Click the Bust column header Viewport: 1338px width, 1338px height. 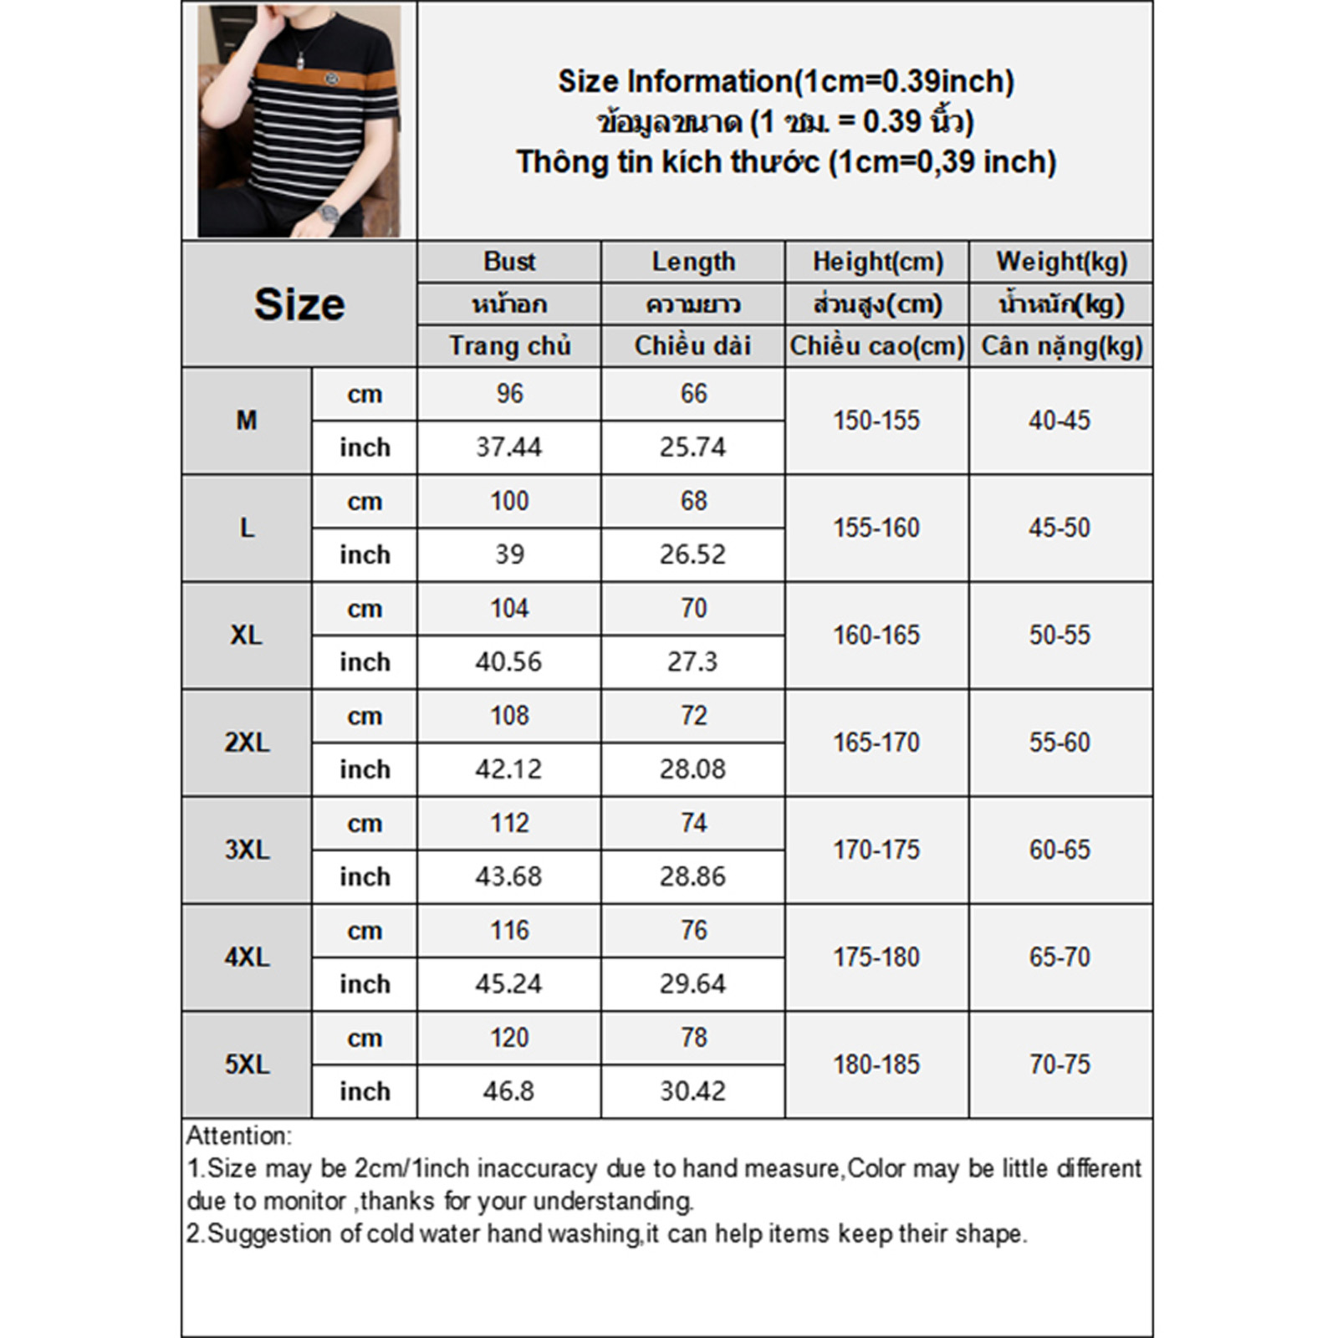(x=509, y=262)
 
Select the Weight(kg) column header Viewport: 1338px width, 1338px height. (x=1061, y=262)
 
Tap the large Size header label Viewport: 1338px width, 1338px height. (x=299, y=304)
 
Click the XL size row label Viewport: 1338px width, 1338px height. (x=247, y=636)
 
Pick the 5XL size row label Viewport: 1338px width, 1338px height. (x=247, y=1065)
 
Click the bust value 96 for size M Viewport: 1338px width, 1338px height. (x=509, y=394)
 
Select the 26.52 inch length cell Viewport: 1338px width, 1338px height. (x=692, y=554)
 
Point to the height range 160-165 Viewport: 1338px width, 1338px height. (x=876, y=636)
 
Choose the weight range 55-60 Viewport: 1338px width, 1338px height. (x=1060, y=743)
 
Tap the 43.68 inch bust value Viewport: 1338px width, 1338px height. (x=508, y=876)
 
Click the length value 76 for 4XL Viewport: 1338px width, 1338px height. (x=693, y=930)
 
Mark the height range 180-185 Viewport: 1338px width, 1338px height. (x=876, y=1065)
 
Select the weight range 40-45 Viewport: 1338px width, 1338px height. (x=1060, y=421)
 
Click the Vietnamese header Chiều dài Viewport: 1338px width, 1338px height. (x=692, y=346)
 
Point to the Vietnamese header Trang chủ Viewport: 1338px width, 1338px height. (x=509, y=346)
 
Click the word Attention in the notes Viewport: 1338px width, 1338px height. (x=238, y=1136)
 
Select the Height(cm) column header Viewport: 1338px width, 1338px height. (x=877, y=262)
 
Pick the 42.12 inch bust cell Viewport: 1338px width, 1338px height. (x=508, y=769)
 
